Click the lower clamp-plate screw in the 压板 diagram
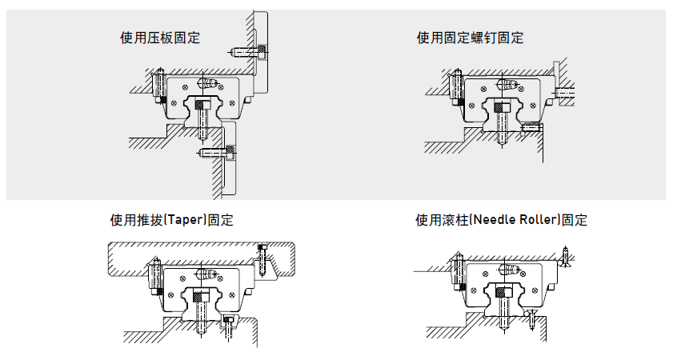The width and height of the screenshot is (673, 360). pyautogui.click(x=217, y=151)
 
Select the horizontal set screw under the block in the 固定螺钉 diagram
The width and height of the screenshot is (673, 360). pyautogui.click(x=531, y=126)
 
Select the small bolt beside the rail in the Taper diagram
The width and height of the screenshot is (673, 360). pyautogui.click(x=229, y=324)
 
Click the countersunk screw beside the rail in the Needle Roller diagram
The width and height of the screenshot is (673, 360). pyautogui.click(x=532, y=320)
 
